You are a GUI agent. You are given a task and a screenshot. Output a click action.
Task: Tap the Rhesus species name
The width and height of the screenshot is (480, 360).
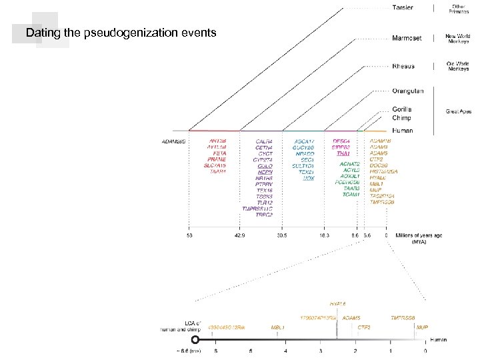(402, 66)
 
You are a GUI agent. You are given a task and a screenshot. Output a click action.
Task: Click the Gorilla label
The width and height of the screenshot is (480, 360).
(402, 109)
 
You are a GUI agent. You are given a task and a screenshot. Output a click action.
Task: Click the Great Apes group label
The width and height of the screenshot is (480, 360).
(459, 111)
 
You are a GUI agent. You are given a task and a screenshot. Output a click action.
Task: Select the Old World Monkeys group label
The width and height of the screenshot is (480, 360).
(459, 66)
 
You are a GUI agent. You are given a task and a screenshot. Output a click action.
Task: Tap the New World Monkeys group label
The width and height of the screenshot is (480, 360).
(459, 37)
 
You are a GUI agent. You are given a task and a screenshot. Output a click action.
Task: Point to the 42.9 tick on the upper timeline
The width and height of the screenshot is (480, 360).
(240, 235)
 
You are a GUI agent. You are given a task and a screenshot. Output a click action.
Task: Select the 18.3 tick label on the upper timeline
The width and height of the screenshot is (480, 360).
(325, 235)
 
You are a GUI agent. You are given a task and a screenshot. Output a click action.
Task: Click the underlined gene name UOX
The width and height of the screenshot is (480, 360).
(308, 178)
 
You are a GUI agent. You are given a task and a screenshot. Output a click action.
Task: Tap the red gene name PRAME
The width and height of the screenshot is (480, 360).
(216, 159)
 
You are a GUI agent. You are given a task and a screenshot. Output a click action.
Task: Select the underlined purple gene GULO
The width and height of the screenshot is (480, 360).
(264, 165)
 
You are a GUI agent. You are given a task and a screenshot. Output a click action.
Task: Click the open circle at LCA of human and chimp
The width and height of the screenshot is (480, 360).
(195, 340)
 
